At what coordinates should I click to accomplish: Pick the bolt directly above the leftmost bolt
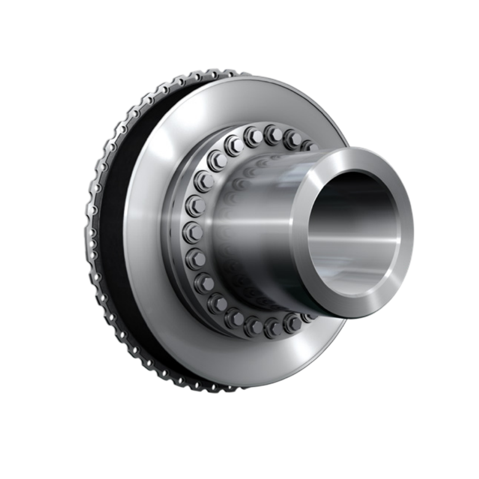tap(195, 206)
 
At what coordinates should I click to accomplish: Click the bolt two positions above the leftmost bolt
tap(204, 181)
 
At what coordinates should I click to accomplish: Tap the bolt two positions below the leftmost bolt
tap(204, 283)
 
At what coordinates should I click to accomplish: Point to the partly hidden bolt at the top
tap(308, 145)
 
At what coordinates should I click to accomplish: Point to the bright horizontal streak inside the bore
tap(355, 240)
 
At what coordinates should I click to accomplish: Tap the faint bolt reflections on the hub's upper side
tap(253, 169)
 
